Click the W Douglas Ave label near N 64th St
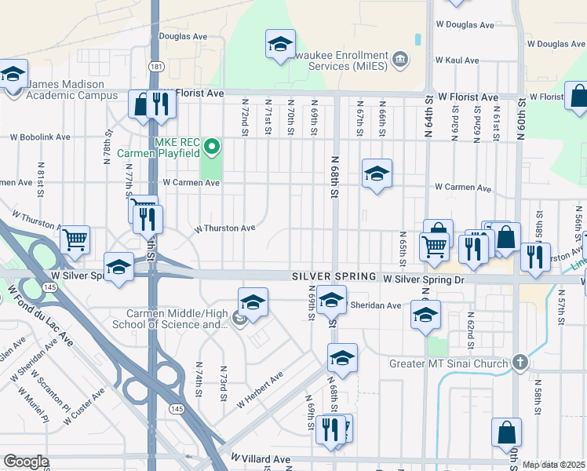(x=465, y=25)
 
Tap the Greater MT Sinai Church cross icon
(x=518, y=363)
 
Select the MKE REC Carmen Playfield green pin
(x=210, y=147)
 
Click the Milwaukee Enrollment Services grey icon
(x=399, y=60)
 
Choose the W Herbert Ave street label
(x=261, y=389)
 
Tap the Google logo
(x=26, y=462)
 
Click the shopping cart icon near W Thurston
(x=75, y=239)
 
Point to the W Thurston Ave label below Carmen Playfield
(x=225, y=228)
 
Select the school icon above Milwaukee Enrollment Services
(x=280, y=45)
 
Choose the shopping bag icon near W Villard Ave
(x=506, y=432)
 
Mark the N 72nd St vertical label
(x=245, y=118)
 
